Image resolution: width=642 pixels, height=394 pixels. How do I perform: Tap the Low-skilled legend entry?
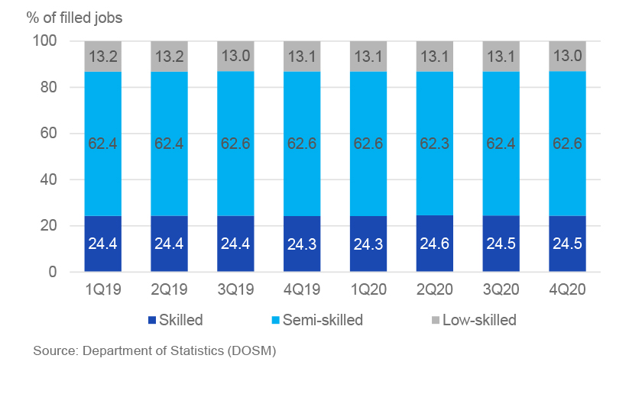[473, 320]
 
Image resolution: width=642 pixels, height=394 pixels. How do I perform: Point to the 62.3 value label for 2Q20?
[435, 142]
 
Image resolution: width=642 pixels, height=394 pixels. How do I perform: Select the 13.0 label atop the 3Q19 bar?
[235, 55]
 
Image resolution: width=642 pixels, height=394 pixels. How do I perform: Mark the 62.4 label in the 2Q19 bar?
[169, 142]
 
